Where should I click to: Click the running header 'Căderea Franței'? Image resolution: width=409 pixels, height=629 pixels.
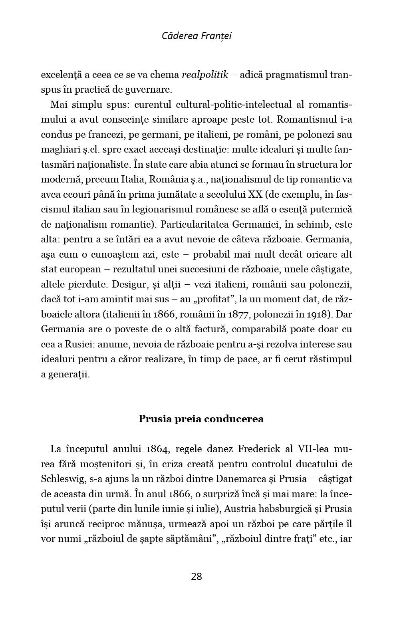point(197,36)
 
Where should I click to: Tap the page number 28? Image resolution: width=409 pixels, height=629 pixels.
point(197,576)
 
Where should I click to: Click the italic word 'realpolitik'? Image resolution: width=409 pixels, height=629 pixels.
point(204,75)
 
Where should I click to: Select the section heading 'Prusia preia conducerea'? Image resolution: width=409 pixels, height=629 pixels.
point(201,419)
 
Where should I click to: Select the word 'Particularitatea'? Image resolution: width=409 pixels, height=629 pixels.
point(193,224)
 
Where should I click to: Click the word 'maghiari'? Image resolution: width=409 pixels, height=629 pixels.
point(57,149)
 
